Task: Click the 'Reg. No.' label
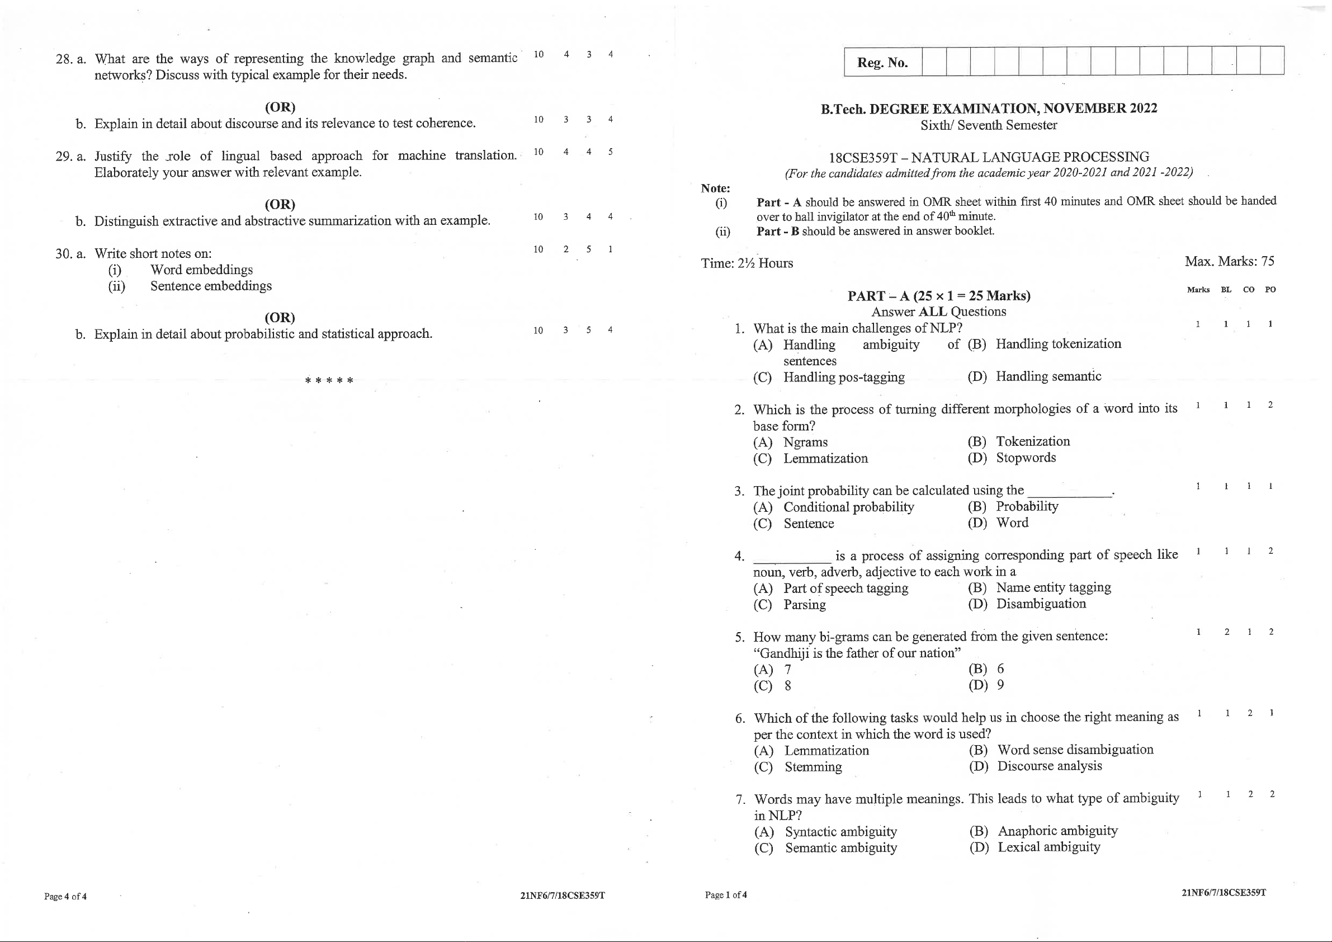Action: tap(882, 63)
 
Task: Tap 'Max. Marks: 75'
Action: tap(1229, 261)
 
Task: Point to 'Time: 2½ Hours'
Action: tap(747, 263)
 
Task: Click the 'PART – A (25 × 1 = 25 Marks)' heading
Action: tap(939, 296)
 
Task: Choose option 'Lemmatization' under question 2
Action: tap(825, 459)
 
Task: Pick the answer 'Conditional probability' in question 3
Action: tap(848, 507)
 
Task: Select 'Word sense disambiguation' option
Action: tap(1075, 750)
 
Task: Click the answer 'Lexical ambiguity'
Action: tap(1048, 847)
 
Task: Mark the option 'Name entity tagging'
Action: tap(1053, 587)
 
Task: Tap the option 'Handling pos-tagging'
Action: tap(843, 377)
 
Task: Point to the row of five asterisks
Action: tap(329, 381)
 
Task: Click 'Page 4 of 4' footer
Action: tap(65, 896)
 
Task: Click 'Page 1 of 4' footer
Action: tap(726, 895)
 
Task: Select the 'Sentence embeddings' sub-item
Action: tap(211, 286)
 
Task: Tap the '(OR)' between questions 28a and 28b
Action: tap(280, 107)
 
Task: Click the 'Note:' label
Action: tap(715, 188)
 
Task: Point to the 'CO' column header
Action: tap(1249, 290)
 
